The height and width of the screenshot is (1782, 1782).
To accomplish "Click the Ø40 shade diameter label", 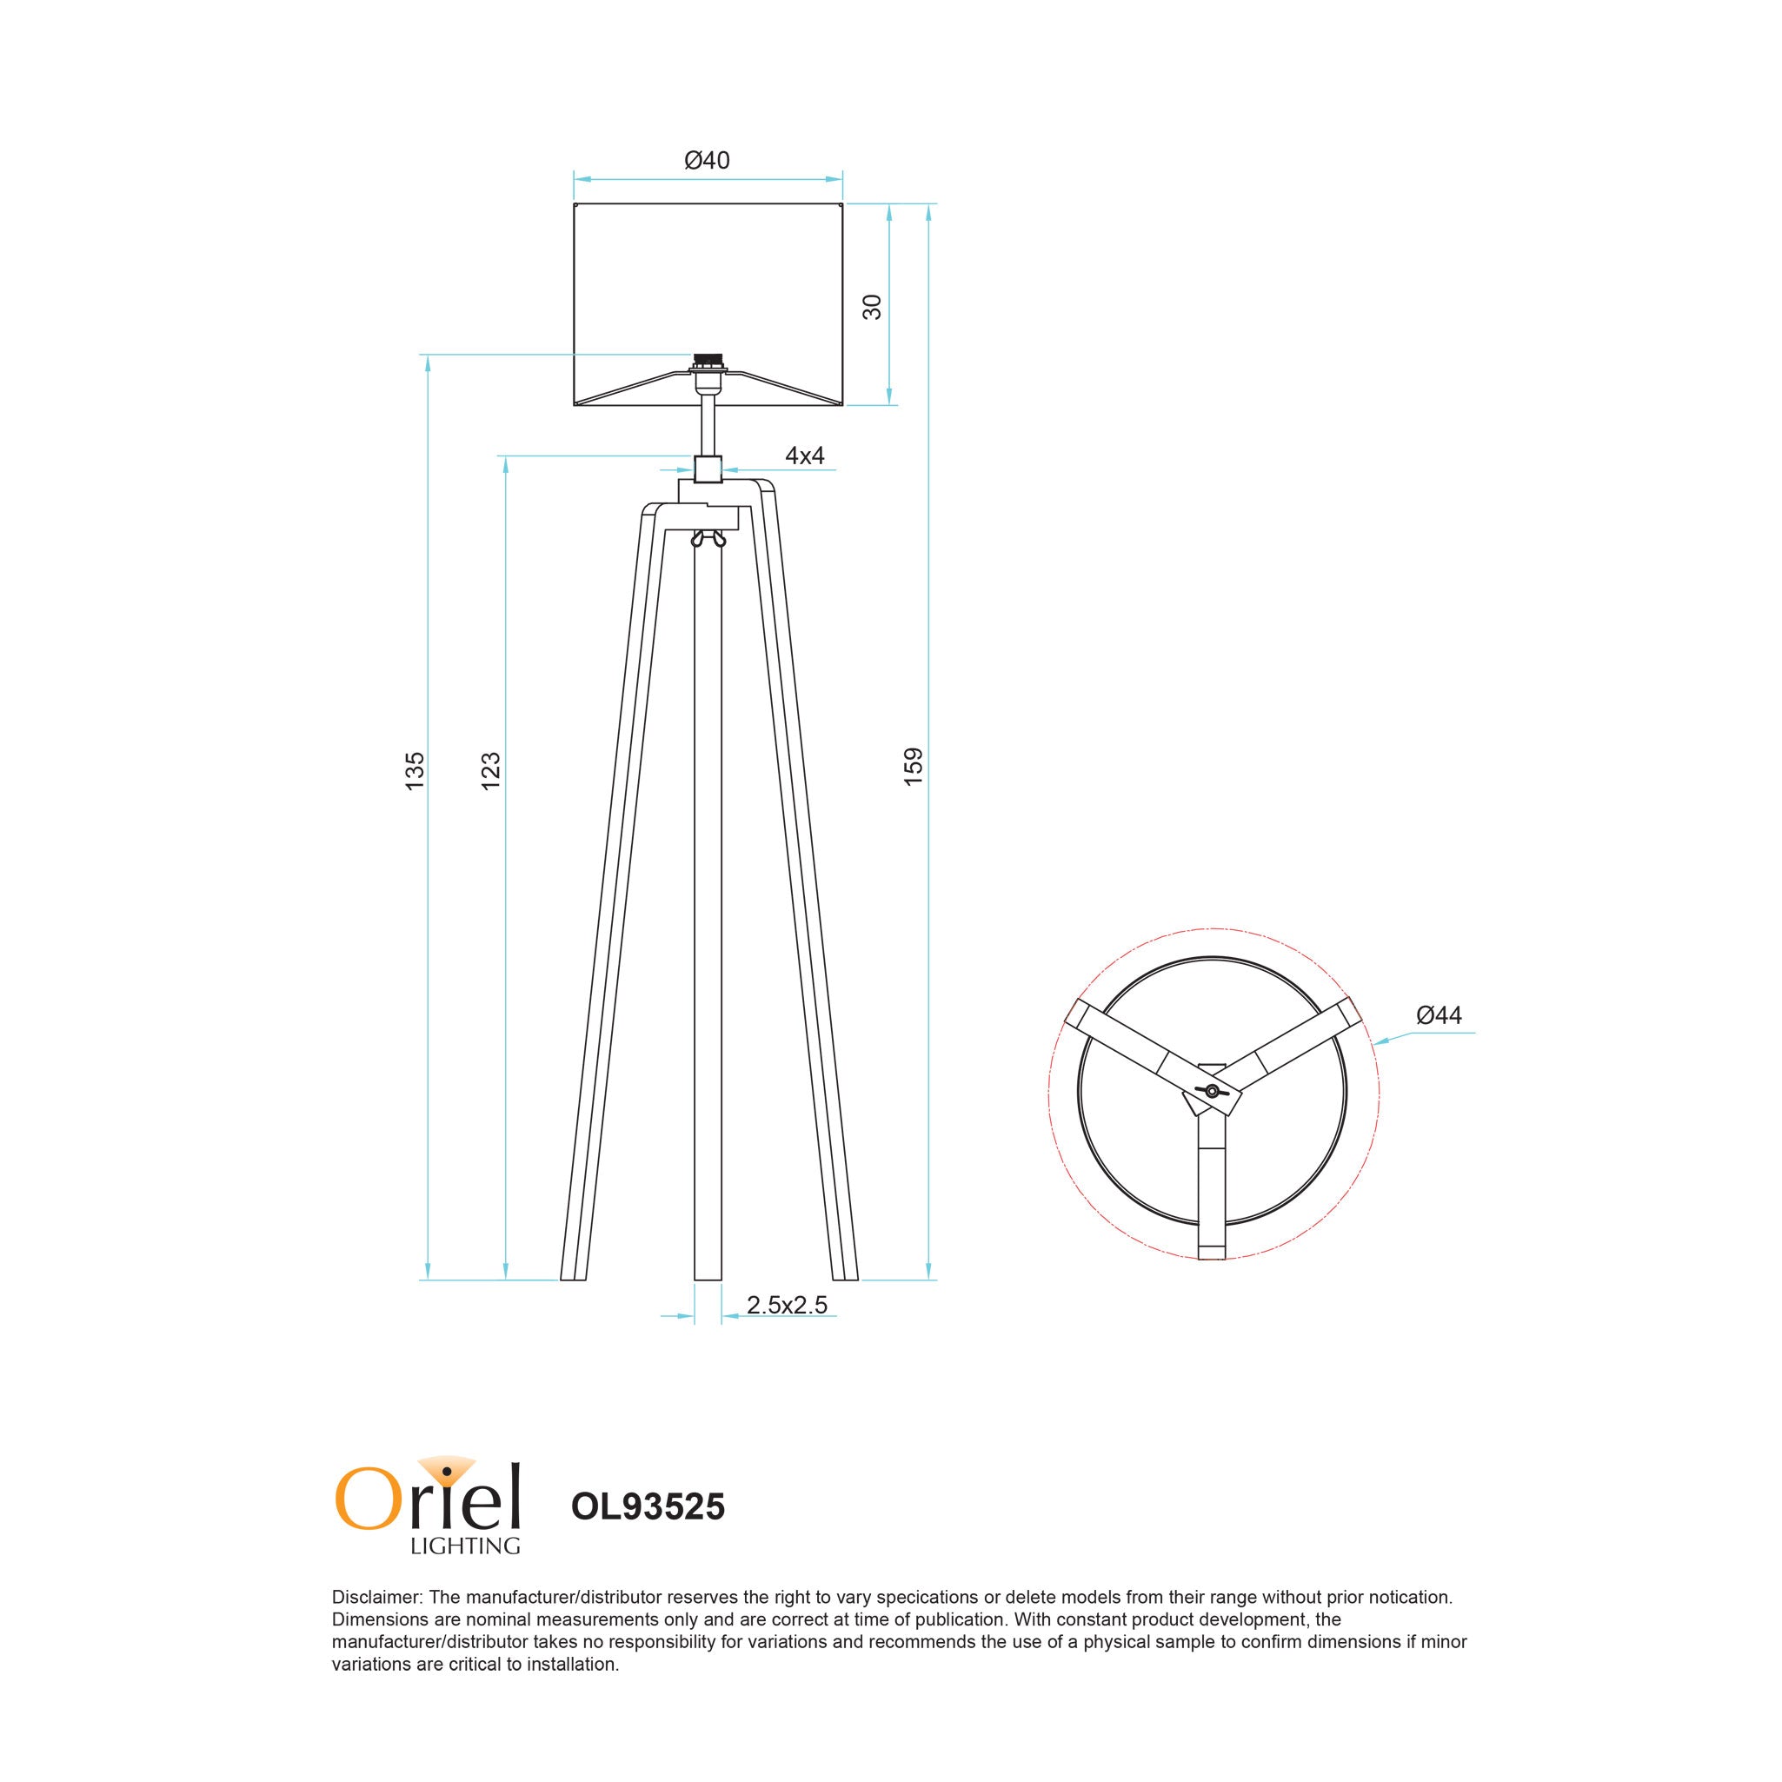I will [707, 161].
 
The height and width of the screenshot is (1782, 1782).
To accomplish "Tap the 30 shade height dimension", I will [872, 306].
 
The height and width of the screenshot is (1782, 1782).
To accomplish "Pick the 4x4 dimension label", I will [804, 455].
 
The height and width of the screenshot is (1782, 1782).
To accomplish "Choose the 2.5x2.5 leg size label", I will [787, 1305].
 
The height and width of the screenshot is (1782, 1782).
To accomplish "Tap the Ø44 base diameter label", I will [1439, 1015].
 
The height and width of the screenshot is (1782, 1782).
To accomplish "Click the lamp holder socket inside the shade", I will [708, 362].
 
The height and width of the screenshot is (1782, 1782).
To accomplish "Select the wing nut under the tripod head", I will [708, 540].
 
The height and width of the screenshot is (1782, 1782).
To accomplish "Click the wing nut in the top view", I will [1212, 1092].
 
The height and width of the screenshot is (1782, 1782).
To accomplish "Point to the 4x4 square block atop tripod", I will [708, 469].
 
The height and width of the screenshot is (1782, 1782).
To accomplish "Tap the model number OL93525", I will [648, 1506].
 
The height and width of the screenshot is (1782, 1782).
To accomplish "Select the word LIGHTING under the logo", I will [465, 1545].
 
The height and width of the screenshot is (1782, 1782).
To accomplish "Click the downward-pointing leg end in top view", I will [1211, 1251].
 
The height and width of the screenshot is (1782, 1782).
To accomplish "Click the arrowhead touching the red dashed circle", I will [1378, 1042].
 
